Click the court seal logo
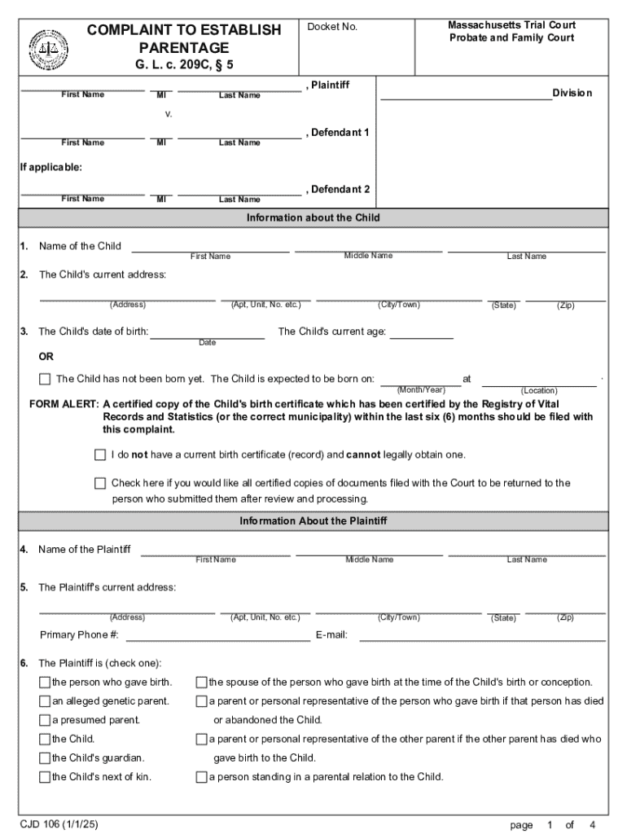pos(48,47)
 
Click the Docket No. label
pos(332,28)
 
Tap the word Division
pos(572,93)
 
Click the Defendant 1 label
pos(340,132)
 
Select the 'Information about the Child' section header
pos(313,218)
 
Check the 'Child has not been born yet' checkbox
pos(45,379)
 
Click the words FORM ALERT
pos(64,404)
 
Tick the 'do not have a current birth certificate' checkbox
pos(100,454)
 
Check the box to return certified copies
pos(100,483)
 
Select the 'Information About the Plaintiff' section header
pos(313,521)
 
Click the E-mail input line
pos(482,635)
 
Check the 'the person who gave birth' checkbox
pos(45,682)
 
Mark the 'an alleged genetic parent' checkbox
pos(45,700)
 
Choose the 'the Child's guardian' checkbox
pos(45,757)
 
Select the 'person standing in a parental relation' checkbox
pos(201,777)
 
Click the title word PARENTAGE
pos(183,48)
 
